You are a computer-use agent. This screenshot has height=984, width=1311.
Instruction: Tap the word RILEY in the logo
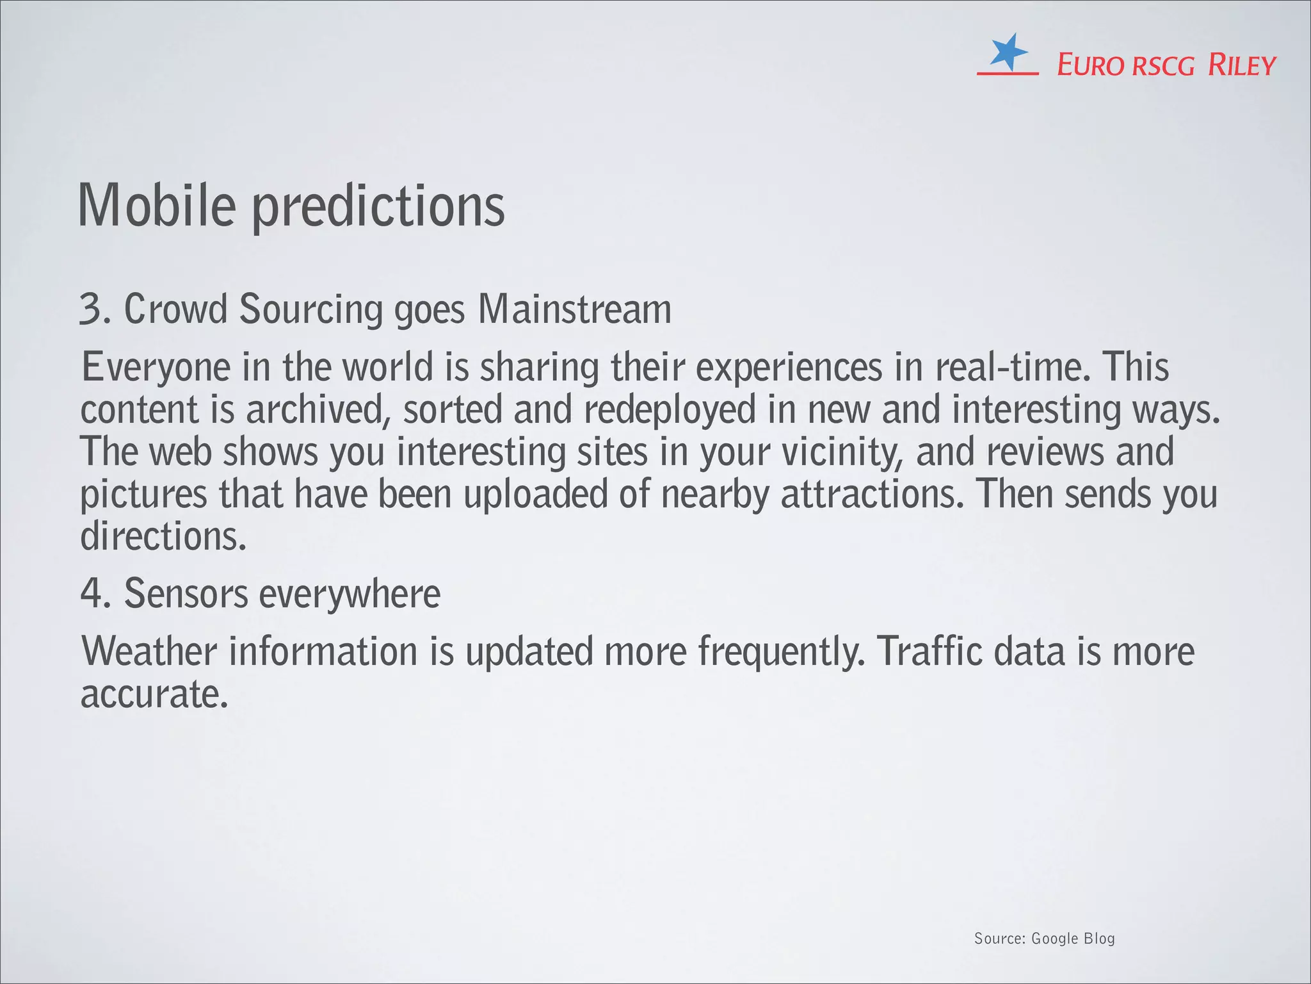pyautogui.click(x=1241, y=66)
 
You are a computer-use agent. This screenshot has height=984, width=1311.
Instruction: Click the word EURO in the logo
pyautogui.click(x=1090, y=66)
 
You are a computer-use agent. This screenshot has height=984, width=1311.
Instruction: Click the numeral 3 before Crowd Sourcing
pyautogui.click(x=90, y=309)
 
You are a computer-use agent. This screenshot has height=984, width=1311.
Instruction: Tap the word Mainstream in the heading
pyautogui.click(x=574, y=309)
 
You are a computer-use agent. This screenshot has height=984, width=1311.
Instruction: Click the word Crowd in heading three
pyautogui.click(x=175, y=309)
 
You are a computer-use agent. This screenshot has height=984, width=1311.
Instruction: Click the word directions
pyautogui.click(x=163, y=537)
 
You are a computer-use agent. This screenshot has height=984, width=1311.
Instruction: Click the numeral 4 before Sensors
pyautogui.click(x=92, y=594)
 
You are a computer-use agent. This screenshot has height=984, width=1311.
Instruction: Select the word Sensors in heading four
pyautogui.click(x=186, y=594)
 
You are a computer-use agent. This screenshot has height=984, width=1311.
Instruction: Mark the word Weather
pyautogui.click(x=149, y=652)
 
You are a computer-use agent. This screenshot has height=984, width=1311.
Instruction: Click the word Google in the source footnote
pyautogui.click(x=1055, y=939)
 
